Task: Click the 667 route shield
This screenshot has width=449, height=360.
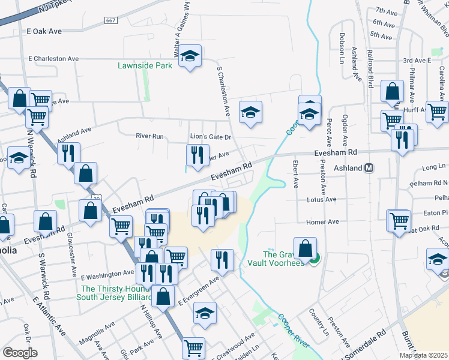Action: [110, 20]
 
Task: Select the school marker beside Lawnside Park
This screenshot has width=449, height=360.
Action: [190, 57]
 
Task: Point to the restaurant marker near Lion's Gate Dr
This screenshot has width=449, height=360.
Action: [197, 155]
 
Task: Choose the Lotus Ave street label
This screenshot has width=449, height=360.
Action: [322, 199]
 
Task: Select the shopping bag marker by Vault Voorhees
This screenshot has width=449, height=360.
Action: [306, 248]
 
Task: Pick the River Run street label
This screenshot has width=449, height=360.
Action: [149, 136]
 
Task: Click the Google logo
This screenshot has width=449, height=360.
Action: [20, 353]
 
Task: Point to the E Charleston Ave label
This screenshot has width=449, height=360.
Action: [54, 59]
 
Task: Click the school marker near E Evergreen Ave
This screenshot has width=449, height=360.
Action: [205, 313]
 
